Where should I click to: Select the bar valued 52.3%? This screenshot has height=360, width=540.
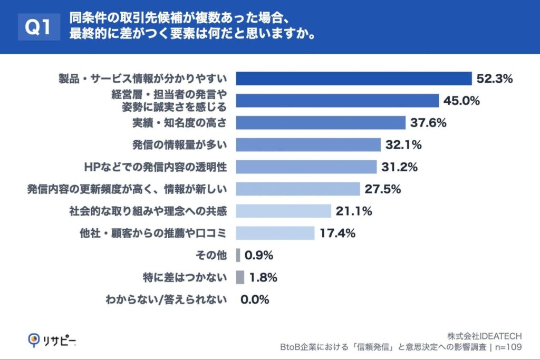353,79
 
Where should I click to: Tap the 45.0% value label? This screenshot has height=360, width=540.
461,101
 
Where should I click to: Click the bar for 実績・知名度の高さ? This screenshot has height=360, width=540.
321,123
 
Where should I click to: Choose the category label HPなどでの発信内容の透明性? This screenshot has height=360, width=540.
156,167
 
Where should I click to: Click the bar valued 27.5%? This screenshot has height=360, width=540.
298,189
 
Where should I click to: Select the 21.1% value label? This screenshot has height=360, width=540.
354,211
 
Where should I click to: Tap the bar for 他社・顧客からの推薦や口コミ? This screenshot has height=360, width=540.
275,233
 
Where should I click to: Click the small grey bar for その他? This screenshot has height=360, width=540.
238,255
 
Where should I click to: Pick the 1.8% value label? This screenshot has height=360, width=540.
263,277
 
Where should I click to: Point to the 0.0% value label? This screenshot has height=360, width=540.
255,299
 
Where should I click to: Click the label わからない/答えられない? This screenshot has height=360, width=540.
166,299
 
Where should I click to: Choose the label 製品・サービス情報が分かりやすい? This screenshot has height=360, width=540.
142,79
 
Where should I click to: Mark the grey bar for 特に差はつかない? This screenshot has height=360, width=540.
240,277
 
